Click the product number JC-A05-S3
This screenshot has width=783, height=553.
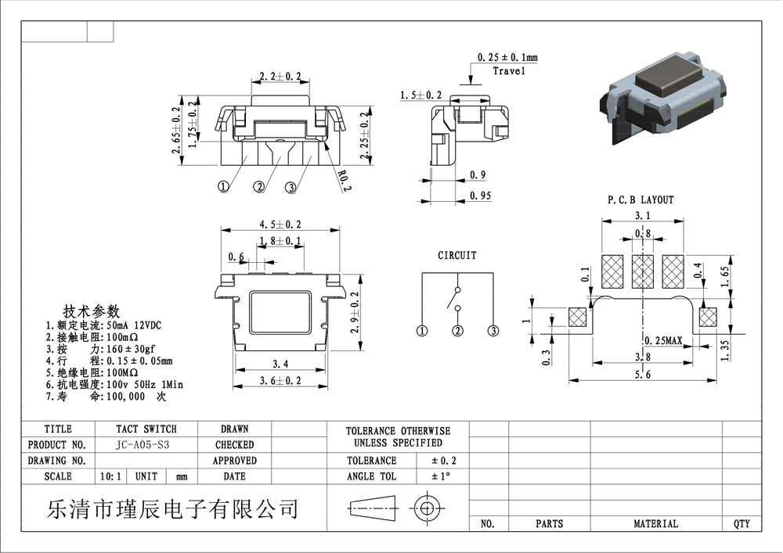[x=143, y=444]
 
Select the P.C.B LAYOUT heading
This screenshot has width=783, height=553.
[x=640, y=200]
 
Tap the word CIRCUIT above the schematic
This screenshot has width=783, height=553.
[x=456, y=255]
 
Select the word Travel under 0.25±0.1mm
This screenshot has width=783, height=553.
[x=509, y=71]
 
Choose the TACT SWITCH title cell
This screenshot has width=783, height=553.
[x=146, y=429]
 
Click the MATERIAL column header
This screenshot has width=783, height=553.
[x=655, y=523]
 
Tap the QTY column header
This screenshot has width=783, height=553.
[x=742, y=523]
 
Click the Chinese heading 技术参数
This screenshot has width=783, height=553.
[x=92, y=309]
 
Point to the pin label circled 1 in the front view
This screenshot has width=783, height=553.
[x=223, y=187]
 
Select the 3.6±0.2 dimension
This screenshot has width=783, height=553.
[x=280, y=381]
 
